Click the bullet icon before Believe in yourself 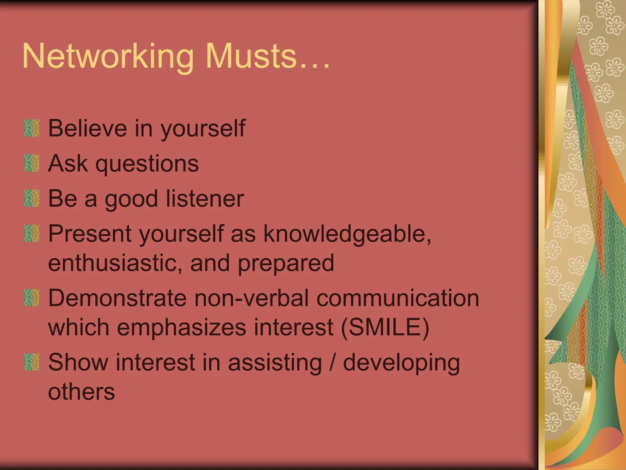point(32,128)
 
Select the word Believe point(87,128)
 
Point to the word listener point(205,199)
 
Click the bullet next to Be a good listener point(32,198)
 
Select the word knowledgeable point(347,234)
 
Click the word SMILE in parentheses point(385,327)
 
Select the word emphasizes point(182,327)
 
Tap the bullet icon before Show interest point(32,362)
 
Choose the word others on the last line point(81,391)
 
